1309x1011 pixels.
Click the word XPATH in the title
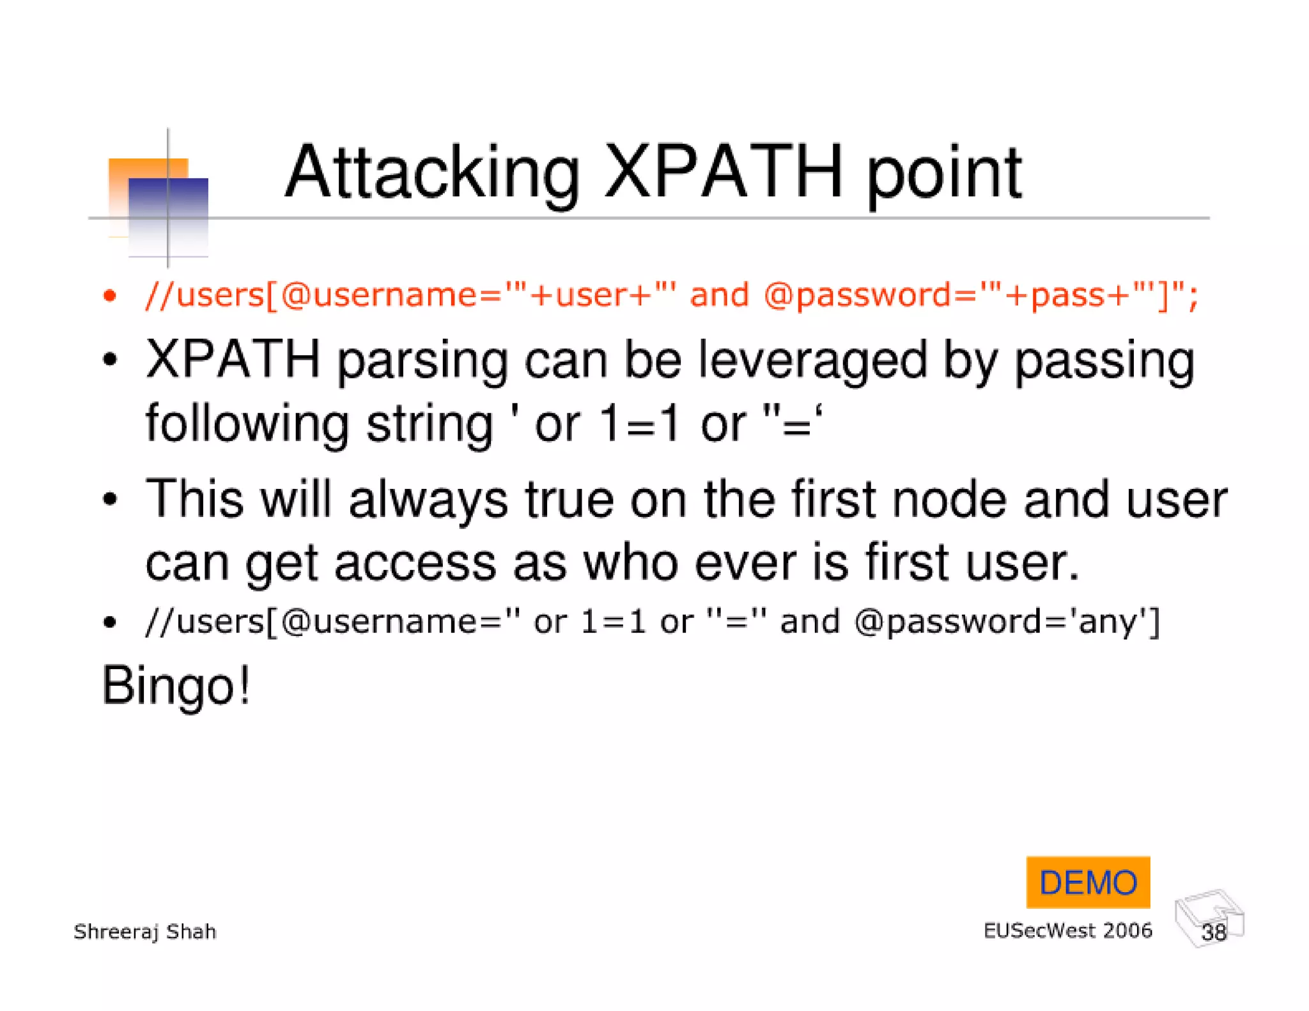(723, 173)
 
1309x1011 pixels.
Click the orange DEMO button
(1088, 883)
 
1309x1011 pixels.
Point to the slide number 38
(1213, 932)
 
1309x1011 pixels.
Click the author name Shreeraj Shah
(145, 932)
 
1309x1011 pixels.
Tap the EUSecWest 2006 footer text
(1067, 930)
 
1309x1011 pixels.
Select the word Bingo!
(176, 686)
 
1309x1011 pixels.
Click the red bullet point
(110, 295)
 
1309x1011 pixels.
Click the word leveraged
(812, 360)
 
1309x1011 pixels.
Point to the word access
(415, 563)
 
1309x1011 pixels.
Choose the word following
(248, 424)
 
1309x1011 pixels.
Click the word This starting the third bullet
(195, 499)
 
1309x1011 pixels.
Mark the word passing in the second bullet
(1104, 361)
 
